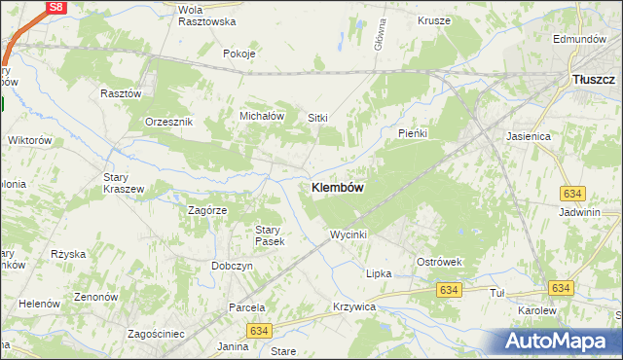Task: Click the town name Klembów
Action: (x=338, y=188)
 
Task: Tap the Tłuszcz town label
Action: (x=594, y=79)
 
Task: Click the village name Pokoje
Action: (x=238, y=54)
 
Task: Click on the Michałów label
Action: (x=262, y=116)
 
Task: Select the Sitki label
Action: (x=318, y=118)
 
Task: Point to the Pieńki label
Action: (x=414, y=132)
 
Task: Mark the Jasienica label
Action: (x=529, y=137)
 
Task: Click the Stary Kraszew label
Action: (x=124, y=183)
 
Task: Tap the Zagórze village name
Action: (x=206, y=209)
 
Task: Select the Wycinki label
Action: (x=348, y=234)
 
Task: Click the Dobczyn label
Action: (x=232, y=266)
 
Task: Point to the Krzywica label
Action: (x=353, y=306)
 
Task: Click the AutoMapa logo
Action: (x=558, y=341)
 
